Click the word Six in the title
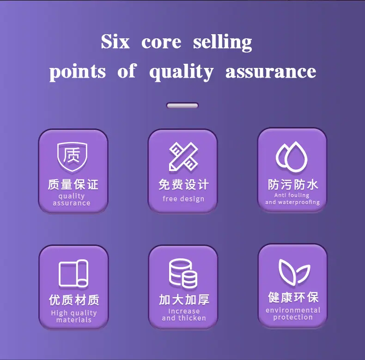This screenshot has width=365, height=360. click(x=115, y=42)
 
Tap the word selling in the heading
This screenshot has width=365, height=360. click(x=223, y=42)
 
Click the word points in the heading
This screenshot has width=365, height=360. click(x=77, y=72)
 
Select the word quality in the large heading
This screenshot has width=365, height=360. click(x=181, y=72)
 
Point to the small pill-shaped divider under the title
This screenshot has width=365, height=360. click(x=182, y=106)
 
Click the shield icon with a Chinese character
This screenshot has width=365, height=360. click(x=72, y=157)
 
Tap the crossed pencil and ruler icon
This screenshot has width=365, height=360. click(x=183, y=157)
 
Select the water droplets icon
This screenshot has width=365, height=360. click(x=292, y=157)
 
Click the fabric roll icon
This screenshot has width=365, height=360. click(x=73, y=273)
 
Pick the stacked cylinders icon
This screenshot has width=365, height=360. click(x=183, y=273)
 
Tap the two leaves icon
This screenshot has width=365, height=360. click(x=294, y=272)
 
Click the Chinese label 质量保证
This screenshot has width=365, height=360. click(x=73, y=184)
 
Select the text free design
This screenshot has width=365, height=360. click(x=183, y=199)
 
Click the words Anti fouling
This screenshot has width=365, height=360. click(x=292, y=195)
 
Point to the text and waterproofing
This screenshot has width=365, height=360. click(x=292, y=202)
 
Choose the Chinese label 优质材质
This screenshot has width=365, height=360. click(x=74, y=300)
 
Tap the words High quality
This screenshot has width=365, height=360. click(x=74, y=313)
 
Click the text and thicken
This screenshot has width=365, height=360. click(x=184, y=318)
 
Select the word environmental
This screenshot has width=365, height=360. click(x=293, y=310)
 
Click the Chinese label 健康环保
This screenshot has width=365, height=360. click(x=293, y=297)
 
